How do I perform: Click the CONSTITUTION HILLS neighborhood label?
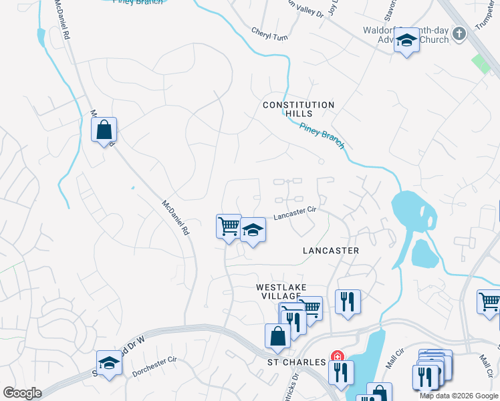click(x=298, y=110)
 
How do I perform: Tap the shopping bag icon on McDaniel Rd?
click(x=104, y=130)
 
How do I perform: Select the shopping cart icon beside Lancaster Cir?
click(x=229, y=226)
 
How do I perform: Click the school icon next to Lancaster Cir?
click(x=253, y=230)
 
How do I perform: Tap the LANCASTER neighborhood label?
click(x=331, y=251)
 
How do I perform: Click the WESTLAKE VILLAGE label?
click(x=281, y=292)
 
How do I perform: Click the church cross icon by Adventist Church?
click(x=459, y=33)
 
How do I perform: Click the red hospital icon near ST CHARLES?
click(x=338, y=356)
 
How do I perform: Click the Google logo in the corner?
click(x=22, y=393)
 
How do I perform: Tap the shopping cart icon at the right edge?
click(x=489, y=301)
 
